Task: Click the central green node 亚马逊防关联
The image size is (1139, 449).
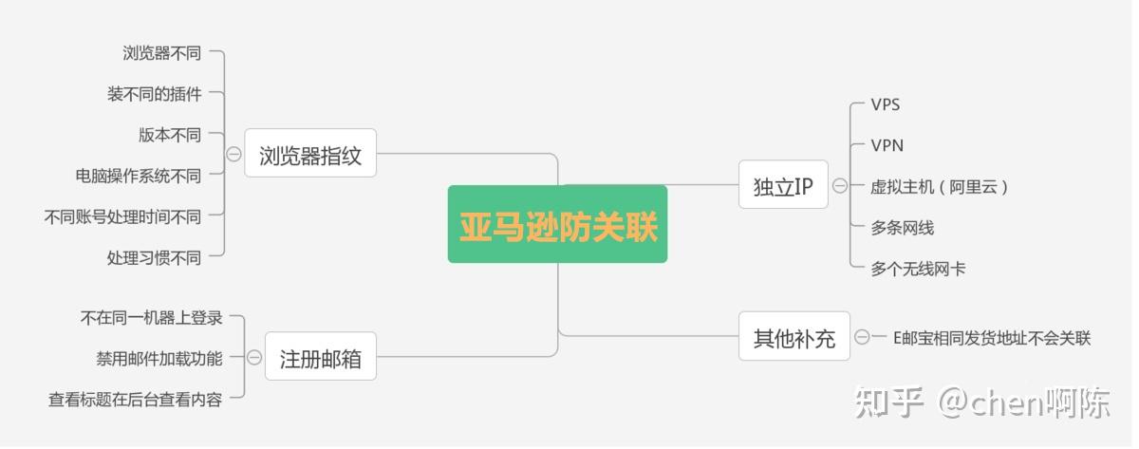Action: coord(557,225)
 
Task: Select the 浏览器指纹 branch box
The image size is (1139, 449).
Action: coord(310,154)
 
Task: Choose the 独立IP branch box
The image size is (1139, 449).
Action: coord(783,186)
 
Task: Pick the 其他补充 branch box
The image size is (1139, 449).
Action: coord(794,337)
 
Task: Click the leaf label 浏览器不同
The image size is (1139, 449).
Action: coord(162,53)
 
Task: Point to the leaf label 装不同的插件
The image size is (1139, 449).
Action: coord(154,94)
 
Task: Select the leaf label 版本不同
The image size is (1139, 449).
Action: coord(170,135)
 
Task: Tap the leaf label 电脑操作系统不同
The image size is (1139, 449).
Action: coord(139,176)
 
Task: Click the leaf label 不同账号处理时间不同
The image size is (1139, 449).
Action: coord(122,216)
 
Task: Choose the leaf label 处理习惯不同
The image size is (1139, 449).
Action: coord(154,257)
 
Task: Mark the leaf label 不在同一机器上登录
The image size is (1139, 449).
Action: coord(152,318)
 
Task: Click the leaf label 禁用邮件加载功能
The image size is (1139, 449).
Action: coord(159,358)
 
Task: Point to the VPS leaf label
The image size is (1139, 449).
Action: coord(886,104)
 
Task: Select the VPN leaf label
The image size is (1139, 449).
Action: coord(887,145)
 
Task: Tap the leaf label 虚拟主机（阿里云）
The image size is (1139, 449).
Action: coord(939,187)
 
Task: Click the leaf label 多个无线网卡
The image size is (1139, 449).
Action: coord(918,269)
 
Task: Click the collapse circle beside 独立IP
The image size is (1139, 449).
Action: coord(840,186)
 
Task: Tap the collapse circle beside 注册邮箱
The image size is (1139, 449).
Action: coord(254,358)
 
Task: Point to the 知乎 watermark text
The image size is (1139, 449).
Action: coord(888,402)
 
